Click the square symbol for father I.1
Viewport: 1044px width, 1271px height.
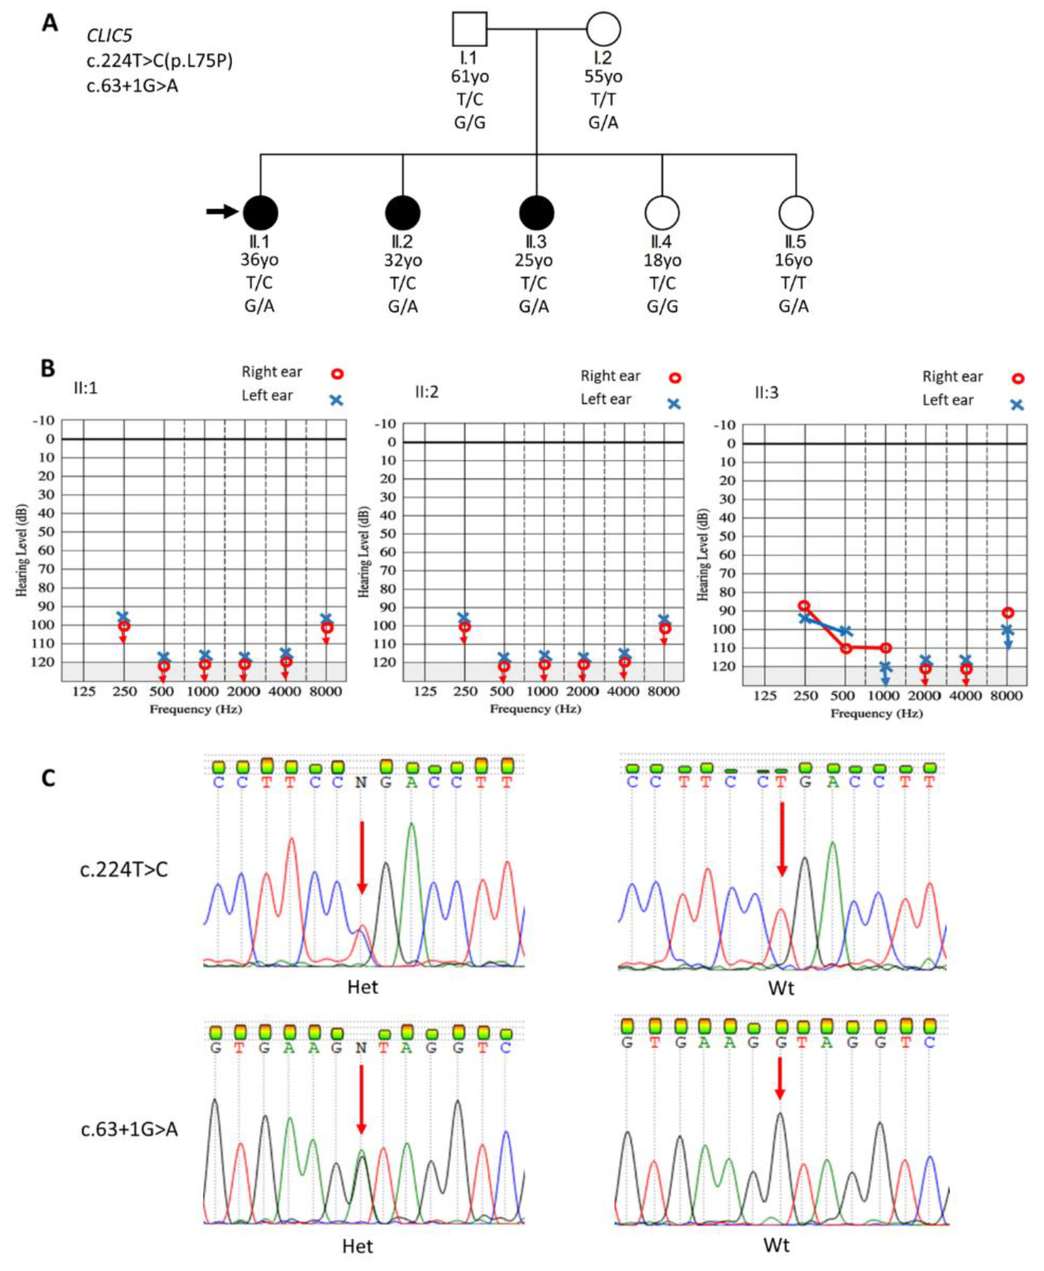[470, 29]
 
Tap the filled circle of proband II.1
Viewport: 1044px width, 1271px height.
[260, 212]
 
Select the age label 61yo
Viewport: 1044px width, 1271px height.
[470, 77]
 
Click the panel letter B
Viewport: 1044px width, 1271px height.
[48, 368]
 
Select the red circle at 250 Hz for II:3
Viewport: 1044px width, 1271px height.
[804, 606]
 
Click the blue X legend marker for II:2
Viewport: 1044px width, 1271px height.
[674, 403]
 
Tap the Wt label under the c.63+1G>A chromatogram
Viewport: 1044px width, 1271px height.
[776, 1244]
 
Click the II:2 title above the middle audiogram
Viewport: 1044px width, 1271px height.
[426, 392]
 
